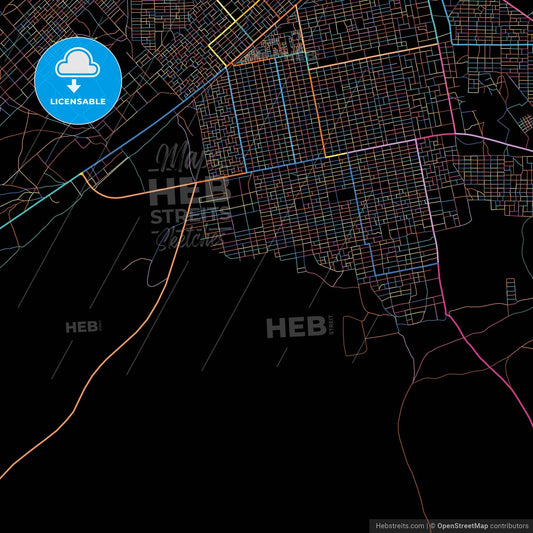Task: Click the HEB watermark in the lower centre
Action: (x=289, y=326)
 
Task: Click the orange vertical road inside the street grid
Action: (x=318, y=110)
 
